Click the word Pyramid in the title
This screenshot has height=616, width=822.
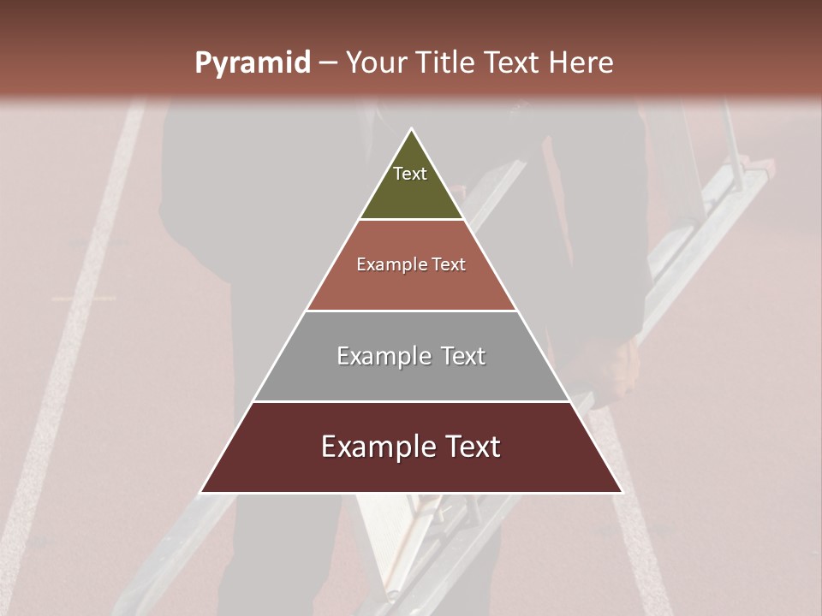(x=252, y=63)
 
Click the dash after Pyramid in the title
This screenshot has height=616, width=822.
(x=328, y=63)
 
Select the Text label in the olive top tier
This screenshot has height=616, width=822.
(x=410, y=174)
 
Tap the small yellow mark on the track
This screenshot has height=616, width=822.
(x=83, y=299)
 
